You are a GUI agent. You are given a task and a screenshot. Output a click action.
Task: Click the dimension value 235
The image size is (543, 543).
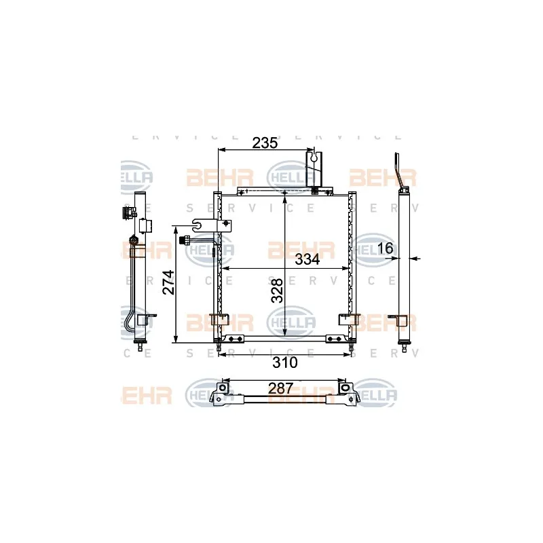tap(265, 143)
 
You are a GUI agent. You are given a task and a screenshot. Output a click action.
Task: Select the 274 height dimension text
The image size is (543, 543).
tap(169, 282)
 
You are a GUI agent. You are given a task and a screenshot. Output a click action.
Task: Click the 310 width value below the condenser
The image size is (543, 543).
tap(284, 362)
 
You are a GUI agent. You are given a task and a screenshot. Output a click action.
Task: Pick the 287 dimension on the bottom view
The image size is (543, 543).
tap(280, 388)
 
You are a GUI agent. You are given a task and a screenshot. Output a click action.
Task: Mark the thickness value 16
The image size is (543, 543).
tap(385, 248)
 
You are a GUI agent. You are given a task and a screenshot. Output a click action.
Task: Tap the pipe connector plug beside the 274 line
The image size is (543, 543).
tap(184, 239)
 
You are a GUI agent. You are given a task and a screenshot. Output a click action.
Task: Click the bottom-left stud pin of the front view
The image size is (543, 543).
tap(219, 349)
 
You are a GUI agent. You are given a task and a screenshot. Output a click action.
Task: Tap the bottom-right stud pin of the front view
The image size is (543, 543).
tap(350, 349)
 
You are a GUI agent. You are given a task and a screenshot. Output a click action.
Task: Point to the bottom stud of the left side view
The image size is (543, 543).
tap(141, 349)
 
